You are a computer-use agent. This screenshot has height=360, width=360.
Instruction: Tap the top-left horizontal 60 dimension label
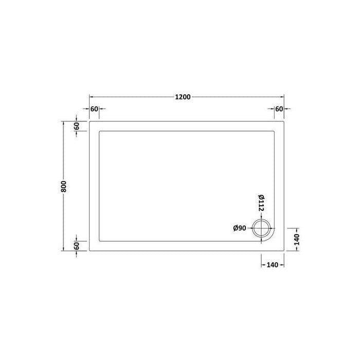pyautogui.click(x=94, y=109)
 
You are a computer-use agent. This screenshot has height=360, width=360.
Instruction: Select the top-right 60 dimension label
pyautogui.click(x=279, y=109)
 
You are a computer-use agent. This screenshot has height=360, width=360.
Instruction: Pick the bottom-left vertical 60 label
pyautogui.click(x=76, y=245)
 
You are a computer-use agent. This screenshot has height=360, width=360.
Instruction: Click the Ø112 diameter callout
pyautogui.click(x=261, y=203)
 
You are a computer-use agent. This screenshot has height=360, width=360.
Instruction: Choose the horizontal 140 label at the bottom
pyautogui.click(x=272, y=265)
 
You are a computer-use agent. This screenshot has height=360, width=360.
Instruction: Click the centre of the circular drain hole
pyautogui.click(x=261, y=228)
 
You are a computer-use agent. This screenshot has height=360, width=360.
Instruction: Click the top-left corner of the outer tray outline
pyautogui.click(x=90, y=121)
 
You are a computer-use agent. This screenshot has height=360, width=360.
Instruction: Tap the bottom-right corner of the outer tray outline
pyautogui.click(x=284, y=250)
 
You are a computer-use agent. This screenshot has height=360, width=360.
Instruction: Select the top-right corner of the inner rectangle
pyautogui.click(x=275, y=131)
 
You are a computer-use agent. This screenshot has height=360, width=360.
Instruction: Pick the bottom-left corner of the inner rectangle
pyautogui.click(x=99, y=241)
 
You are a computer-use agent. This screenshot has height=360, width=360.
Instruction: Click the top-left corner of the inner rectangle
pyautogui.click(x=99, y=131)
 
